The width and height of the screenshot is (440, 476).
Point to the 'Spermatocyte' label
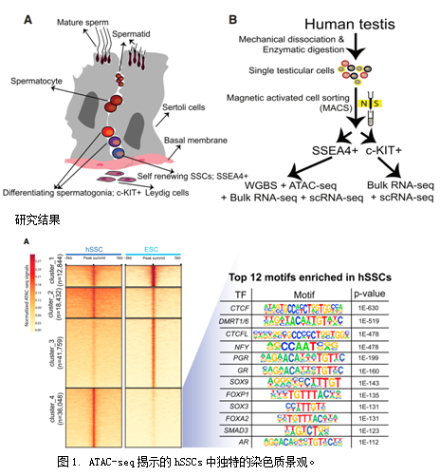[x=39, y=83]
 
